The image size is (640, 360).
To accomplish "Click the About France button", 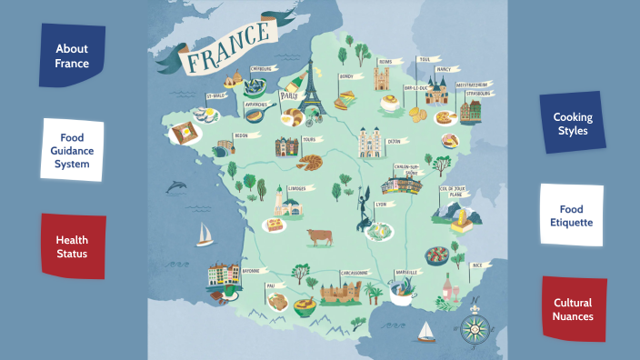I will (x=72, y=55).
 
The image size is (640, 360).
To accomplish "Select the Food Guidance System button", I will (x=71, y=151).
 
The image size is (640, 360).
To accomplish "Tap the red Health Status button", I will (x=72, y=246).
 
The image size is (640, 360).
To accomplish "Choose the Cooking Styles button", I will (x=573, y=124).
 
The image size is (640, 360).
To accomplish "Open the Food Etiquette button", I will (x=571, y=215).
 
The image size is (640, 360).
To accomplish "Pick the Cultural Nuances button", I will (x=573, y=309).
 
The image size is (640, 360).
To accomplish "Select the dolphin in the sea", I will (x=177, y=187).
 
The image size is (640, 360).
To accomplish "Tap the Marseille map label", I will (x=406, y=272).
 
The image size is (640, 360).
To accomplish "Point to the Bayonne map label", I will (x=251, y=271).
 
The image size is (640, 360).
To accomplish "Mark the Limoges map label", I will (x=296, y=189).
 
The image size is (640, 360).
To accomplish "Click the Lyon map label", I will (x=380, y=205).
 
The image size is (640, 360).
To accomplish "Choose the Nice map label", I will (x=477, y=265).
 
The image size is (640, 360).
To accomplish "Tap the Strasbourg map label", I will (x=481, y=94).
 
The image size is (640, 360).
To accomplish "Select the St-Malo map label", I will (x=215, y=95).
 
